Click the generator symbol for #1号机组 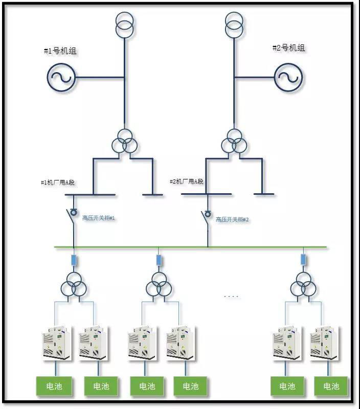(x=61, y=78)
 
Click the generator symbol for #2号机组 (x=288, y=78)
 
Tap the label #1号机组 (x=60, y=51)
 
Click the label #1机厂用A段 (x=58, y=183)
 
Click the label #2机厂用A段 (x=187, y=181)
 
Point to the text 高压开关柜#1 (x=99, y=218)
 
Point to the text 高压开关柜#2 (x=232, y=219)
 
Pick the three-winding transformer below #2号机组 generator (x=235, y=141)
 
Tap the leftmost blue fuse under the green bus (x=74, y=260)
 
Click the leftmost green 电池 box (x=54, y=386)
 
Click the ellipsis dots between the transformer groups (x=231, y=297)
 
